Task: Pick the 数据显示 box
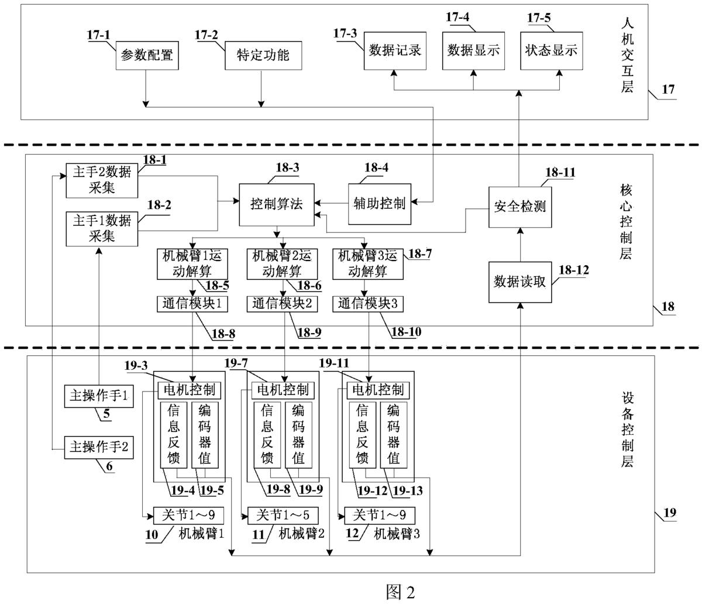[473, 50]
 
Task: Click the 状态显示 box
[550, 50]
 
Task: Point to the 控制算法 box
[277, 204]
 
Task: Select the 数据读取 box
[520, 282]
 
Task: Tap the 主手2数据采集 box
[102, 180]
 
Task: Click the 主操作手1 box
[99, 396]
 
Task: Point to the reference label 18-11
[560, 172]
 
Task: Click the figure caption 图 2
[401, 592]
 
